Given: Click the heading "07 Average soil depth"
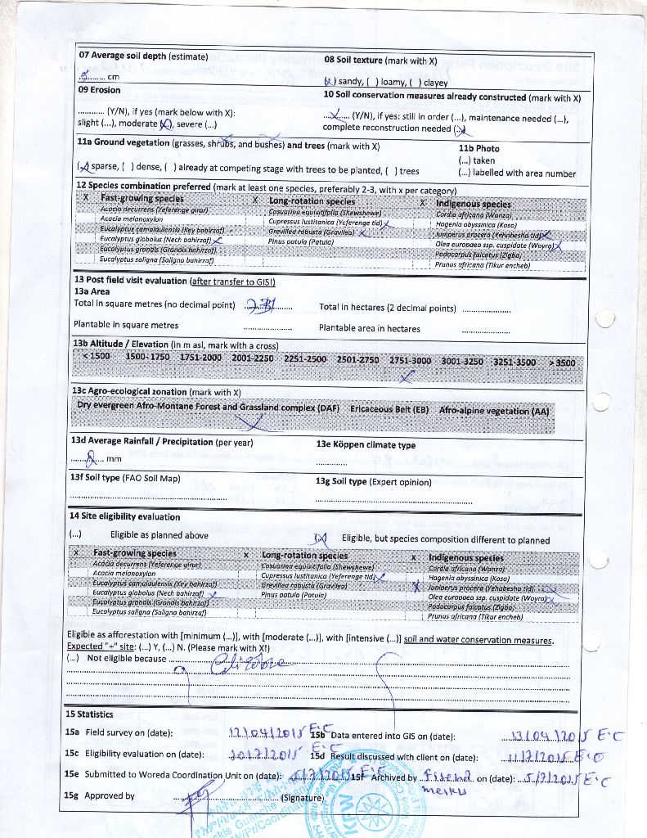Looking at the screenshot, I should [x=123, y=56].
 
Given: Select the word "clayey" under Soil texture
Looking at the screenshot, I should [x=435, y=82].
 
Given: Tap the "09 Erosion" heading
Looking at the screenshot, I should [x=99, y=90].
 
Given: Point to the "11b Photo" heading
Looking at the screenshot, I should [x=479, y=148].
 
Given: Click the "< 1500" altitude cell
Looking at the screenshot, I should [x=96, y=358].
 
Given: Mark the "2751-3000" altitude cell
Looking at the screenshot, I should [x=409, y=360].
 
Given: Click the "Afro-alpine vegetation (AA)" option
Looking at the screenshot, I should [x=494, y=410].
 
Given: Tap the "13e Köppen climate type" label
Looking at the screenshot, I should [x=366, y=445].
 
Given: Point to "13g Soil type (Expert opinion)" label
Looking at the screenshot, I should [x=373, y=481].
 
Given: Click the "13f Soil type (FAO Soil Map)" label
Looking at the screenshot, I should [x=125, y=478].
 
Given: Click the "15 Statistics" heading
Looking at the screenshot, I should [x=89, y=714].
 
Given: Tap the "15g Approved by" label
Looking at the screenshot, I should [x=100, y=795].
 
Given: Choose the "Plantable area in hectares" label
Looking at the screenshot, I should [x=370, y=328].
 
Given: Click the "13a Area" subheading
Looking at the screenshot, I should [x=92, y=291].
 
